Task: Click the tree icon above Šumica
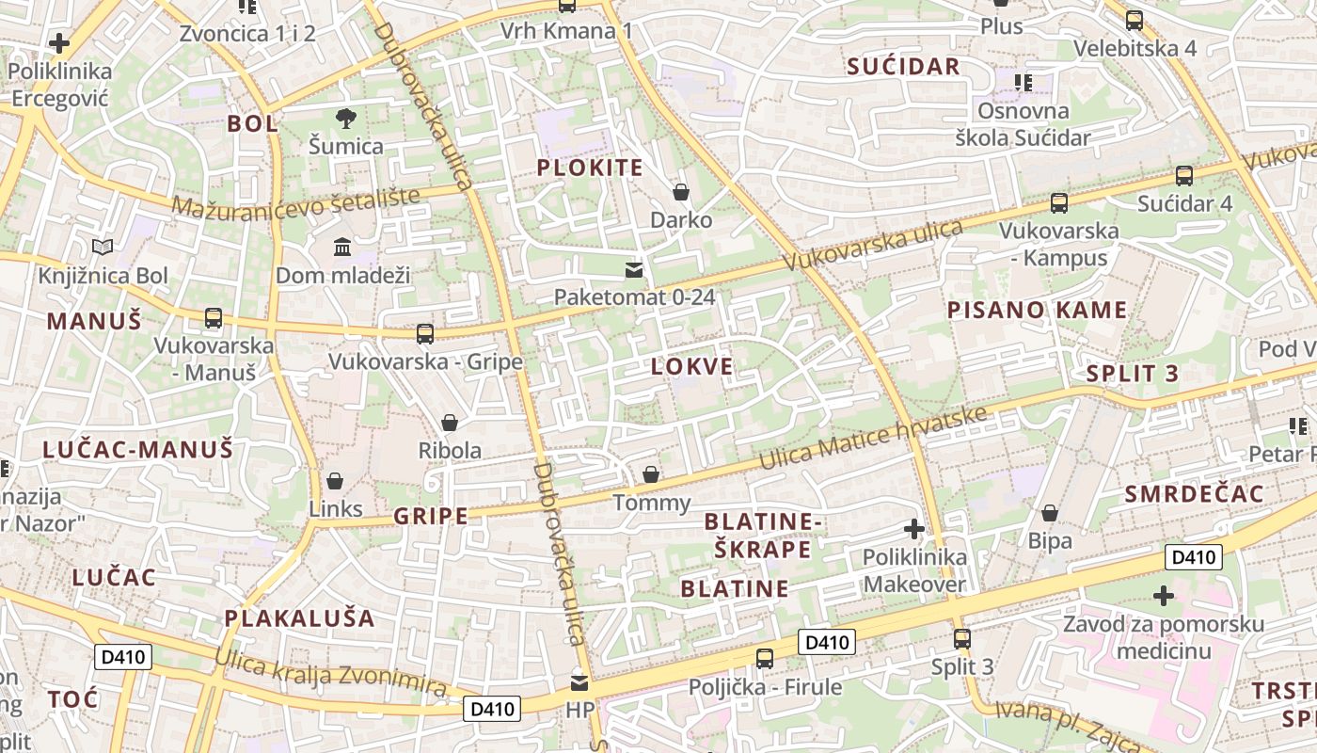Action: point(346,119)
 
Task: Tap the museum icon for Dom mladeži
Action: point(342,248)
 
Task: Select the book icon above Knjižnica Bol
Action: point(103,248)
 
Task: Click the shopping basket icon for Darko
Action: point(681,193)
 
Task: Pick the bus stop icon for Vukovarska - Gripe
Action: point(425,333)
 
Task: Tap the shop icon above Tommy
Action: point(651,474)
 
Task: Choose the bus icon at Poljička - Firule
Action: point(765,658)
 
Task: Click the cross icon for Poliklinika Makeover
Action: point(913,529)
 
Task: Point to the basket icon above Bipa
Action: point(1050,513)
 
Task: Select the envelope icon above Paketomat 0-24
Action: point(634,271)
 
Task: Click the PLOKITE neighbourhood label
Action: point(590,168)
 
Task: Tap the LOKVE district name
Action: point(691,367)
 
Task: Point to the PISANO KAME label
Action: point(1037,310)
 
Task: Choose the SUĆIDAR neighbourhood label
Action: point(903,66)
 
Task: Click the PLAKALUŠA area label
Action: point(299,618)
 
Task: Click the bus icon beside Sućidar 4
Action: point(1184,175)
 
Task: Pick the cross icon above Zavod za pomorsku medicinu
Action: point(1164,596)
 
